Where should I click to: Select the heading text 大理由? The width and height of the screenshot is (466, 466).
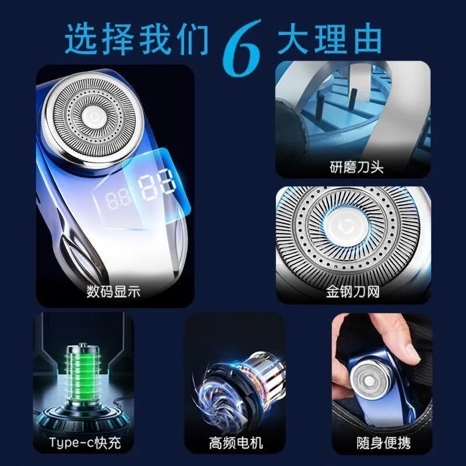coord(330,39)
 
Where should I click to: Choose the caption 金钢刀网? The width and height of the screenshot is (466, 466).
coord(353,291)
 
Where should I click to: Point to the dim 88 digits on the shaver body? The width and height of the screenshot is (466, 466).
coord(119,200)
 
